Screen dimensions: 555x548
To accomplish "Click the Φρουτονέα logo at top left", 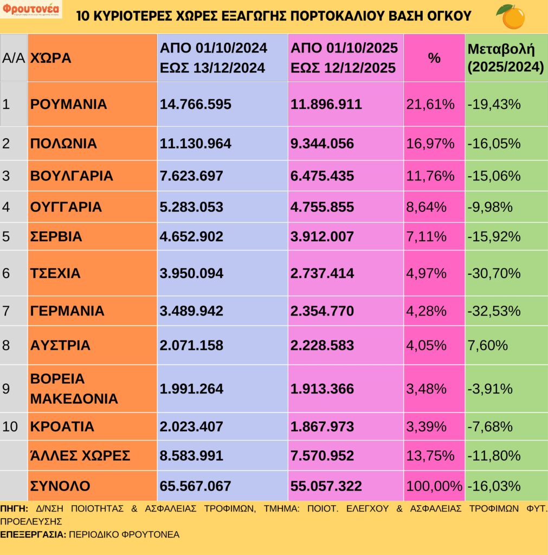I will pos(31,10).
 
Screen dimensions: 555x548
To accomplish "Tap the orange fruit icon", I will pos(511,17).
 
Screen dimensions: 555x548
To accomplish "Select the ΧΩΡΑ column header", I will pos(50,58).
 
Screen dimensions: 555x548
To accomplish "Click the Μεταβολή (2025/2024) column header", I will pos(505,57).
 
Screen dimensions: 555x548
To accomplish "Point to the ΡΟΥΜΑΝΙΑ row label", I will pos(68,104).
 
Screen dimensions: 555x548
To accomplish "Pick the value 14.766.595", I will pos(195,104).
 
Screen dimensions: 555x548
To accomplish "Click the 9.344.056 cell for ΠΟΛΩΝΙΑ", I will pos(322,144).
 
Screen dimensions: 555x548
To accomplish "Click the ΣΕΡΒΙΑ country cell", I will pos(56,236).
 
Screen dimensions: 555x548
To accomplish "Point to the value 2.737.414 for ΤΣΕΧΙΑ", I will pos(322,273).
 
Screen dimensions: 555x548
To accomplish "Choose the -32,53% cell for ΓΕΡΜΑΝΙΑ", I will pos(493,311).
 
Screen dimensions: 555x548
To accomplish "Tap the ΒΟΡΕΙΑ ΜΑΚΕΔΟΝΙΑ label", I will pos(74,389).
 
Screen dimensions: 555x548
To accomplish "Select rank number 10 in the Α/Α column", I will pos(10,427).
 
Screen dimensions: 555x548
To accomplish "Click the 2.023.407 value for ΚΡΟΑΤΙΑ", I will pos(191,427).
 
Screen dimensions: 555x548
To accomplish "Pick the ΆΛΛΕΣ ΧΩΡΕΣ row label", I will pos(80,456).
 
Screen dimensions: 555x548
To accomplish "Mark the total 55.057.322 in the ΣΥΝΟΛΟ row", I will pos(326,486).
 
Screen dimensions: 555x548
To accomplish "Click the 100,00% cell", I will pos(434,486).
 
